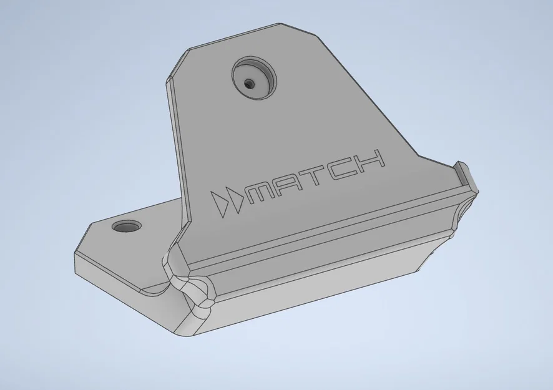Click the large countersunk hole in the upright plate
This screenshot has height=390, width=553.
255,78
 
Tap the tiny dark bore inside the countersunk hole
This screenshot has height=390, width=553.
251,83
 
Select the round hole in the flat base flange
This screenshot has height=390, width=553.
127,226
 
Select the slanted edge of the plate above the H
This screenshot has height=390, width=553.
368,94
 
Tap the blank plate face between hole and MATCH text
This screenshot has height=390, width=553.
275,131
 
